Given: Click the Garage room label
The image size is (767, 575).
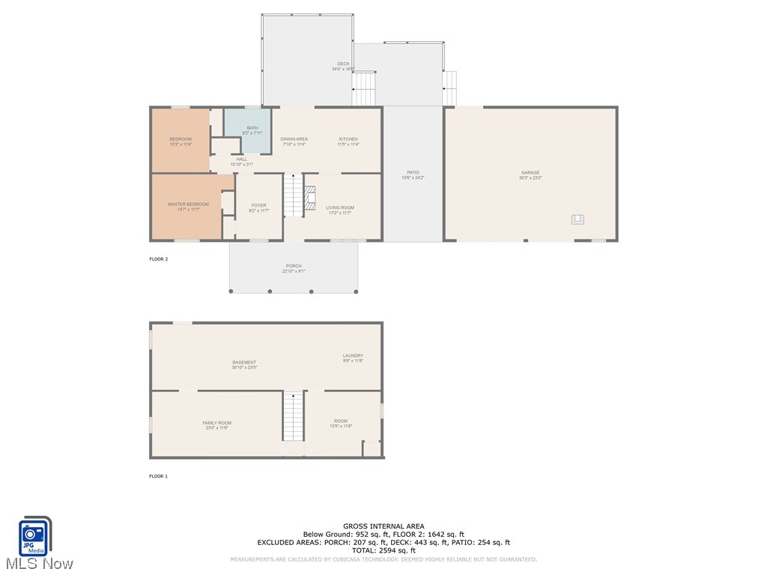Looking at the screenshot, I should (x=530, y=173).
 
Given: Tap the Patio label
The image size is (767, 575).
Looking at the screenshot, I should (x=413, y=172).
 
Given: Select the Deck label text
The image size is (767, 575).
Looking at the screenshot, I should (x=343, y=64).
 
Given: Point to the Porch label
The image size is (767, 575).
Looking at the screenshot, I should (x=294, y=266).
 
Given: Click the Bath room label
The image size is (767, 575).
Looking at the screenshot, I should (x=252, y=128).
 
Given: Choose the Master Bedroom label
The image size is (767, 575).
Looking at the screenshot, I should (x=188, y=204).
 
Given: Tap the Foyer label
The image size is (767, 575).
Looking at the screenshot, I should (x=258, y=206).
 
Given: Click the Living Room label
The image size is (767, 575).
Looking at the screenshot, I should (x=340, y=208).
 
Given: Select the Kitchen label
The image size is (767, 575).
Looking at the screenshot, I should (x=348, y=139).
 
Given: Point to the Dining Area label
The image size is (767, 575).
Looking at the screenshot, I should (x=294, y=139).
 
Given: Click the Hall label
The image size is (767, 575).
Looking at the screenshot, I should (x=241, y=159).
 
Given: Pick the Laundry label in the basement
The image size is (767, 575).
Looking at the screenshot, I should (x=353, y=356).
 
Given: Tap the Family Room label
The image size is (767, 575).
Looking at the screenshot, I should (x=216, y=423).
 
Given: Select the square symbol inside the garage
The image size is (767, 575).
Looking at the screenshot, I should (x=577, y=219).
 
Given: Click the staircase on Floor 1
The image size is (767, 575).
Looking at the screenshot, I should (x=294, y=418).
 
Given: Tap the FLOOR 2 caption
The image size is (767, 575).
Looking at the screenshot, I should (x=159, y=259).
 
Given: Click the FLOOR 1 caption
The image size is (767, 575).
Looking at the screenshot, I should (x=159, y=476).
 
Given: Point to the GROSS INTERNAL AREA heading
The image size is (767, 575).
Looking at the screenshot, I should (x=383, y=526).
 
